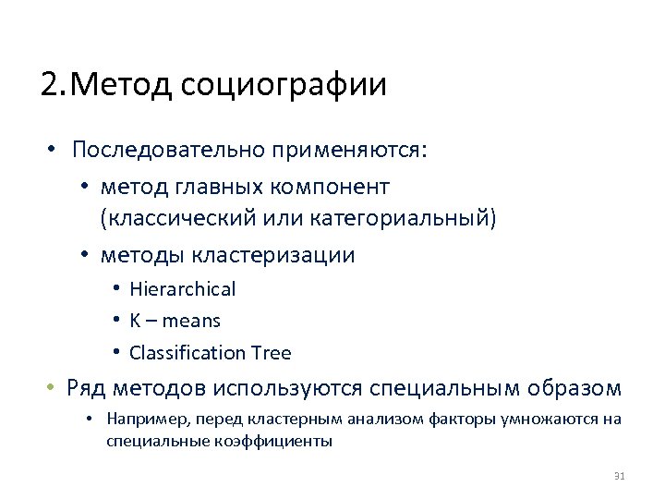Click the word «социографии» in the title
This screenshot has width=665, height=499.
[284, 85]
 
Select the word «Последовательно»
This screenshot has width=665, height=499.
[158, 150]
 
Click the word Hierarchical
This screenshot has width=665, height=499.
[183, 289]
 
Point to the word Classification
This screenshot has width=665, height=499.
[187, 353]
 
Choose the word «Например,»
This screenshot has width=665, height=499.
[139, 419]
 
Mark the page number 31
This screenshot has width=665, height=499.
[620, 476]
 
